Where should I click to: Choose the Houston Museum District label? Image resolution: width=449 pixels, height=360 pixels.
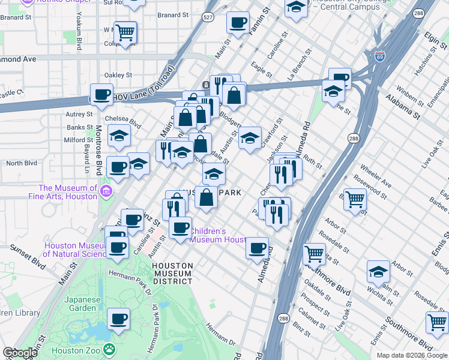[x=172, y=273]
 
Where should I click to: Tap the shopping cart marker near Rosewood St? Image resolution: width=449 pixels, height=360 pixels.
[x=355, y=199]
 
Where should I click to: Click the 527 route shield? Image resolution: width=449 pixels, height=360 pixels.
[x=208, y=19]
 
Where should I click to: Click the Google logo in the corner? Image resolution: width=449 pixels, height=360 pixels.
[x=20, y=353]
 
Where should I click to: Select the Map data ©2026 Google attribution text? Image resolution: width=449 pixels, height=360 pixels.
[x=412, y=355]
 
